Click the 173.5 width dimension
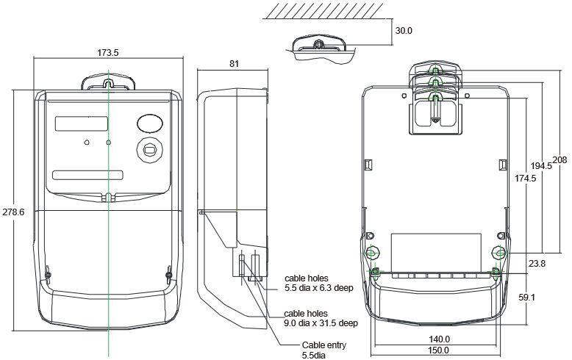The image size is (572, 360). (x=109, y=53)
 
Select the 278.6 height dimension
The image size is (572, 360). (x=13, y=212)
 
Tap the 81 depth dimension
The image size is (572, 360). (x=234, y=64)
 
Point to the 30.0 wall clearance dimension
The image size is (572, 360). (x=404, y=32)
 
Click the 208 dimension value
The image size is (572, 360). (x=559, y=160)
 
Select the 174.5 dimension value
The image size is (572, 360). (x=525, y=179)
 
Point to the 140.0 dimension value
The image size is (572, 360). (x=439, y=339)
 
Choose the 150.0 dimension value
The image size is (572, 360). (x=439, y=350)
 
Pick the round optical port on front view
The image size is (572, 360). (x=149, y=149)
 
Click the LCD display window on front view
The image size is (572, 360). (x=82, y=123)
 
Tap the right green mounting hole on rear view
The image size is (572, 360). (x=499, y=253)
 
